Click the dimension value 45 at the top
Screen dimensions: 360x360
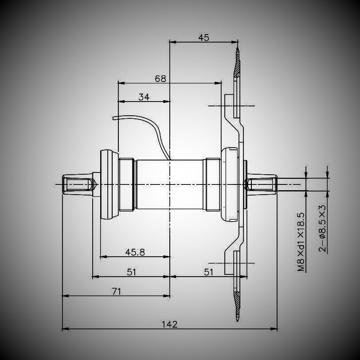click(203, 37)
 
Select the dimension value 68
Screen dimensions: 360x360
click(160, 78)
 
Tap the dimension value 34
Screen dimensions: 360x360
click(144, 97)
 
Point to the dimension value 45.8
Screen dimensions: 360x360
click(135, 252)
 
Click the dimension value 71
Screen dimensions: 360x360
click(116, 291)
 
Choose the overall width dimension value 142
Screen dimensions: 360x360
click(169, 324)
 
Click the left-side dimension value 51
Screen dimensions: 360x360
click(131, 272)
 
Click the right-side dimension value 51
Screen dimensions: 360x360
click(209, 272)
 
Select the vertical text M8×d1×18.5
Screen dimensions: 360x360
click(301, 242)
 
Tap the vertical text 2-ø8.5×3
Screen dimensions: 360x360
click(323, 228)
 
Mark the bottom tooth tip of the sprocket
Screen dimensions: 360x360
click(238, 318)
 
